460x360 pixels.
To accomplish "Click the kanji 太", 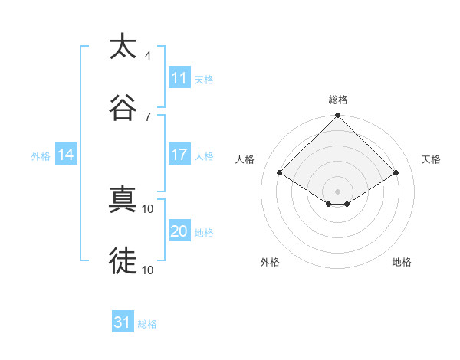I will [x=123, y=47].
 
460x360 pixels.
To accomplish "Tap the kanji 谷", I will [x=123, y=106].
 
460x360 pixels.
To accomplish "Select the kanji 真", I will [x=123, y=201].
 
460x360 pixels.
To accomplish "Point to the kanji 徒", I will [x=123, y=260].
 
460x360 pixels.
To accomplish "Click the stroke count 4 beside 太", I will [x=148, y=56].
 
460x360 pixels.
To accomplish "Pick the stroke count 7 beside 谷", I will [x=148, y=116].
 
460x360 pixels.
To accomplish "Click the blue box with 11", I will [x=179, y=78].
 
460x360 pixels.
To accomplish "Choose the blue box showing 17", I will [x=179, y=155].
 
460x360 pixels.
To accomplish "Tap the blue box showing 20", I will [x=179, y=231].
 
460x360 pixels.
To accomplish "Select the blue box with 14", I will [x=66, y=155].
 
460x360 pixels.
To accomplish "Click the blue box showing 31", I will [x=123, y=322].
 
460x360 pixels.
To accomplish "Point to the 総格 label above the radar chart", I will [x=338, y=100].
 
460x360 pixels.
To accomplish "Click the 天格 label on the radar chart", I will [x=431, y=159].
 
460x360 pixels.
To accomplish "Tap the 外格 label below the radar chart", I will [x=270, y=262].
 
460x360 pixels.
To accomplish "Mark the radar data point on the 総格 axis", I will [x=338, y=116].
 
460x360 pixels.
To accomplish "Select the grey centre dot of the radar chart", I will [x=338, y=191].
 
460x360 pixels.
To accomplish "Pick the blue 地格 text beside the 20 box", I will [x=204, y=232].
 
